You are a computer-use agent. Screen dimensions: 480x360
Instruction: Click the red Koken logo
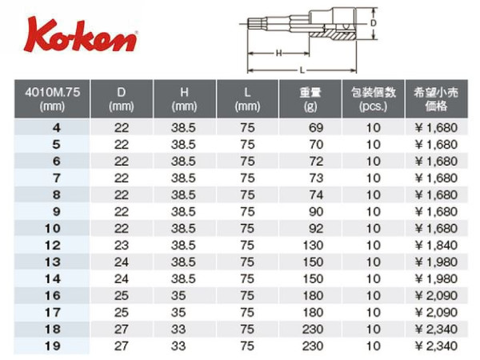point(81,35)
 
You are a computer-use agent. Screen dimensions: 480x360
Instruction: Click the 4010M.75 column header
point(52,98)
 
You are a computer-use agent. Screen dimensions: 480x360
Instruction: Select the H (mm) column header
point(184,98)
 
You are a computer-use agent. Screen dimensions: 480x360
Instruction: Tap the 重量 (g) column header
point(310,98)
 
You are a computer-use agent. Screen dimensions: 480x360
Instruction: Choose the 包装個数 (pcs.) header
point(374,98)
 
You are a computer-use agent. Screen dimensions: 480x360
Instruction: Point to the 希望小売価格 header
point(436,98)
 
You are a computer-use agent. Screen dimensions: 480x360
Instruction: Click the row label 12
point(52,246)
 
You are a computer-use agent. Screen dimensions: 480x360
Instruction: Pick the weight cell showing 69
point(316,128)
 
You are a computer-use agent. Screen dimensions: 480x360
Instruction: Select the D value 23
point(122,246)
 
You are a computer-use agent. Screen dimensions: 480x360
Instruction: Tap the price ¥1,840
point(436,246)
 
